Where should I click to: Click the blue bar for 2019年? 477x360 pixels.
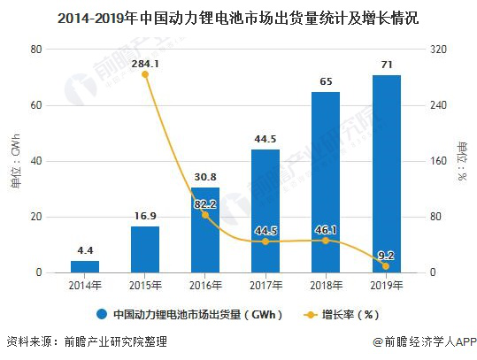coord(386,174)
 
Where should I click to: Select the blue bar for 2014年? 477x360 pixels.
coord(85,266)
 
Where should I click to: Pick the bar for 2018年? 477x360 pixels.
coord(326,182)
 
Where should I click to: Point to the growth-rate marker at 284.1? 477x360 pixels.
coord(145,74)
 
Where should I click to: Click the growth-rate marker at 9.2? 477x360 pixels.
coord(386,266)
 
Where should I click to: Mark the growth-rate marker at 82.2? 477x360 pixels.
coord(205,215)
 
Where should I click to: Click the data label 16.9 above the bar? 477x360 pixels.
coord(145,214)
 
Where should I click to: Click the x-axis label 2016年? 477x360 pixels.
coord(205,285)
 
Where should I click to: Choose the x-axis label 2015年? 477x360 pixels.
coord(145,285)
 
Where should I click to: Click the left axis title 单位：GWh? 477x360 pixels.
coord(15,161)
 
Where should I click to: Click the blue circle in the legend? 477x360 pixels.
coord(103,313)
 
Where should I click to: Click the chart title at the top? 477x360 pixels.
coord(238,17)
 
